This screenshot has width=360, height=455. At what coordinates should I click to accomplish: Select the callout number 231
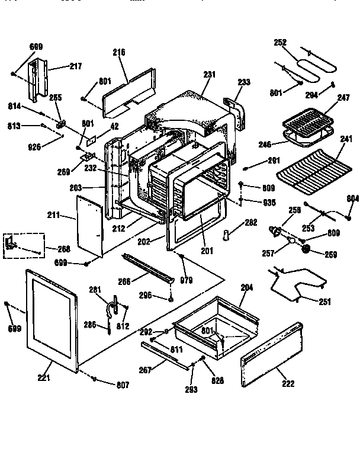(210, 75)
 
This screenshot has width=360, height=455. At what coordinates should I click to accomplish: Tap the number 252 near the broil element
(280, 42)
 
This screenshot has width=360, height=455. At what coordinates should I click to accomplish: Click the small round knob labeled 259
(307, 251)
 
